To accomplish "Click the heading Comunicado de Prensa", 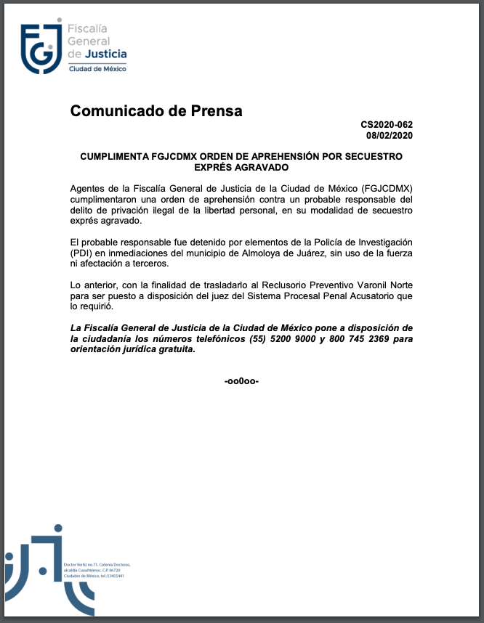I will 156,111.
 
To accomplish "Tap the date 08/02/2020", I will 390,136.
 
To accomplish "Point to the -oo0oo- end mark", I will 242,381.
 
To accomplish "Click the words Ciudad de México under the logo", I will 97,69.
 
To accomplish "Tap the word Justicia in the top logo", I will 106,54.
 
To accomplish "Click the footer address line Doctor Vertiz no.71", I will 97,564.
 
